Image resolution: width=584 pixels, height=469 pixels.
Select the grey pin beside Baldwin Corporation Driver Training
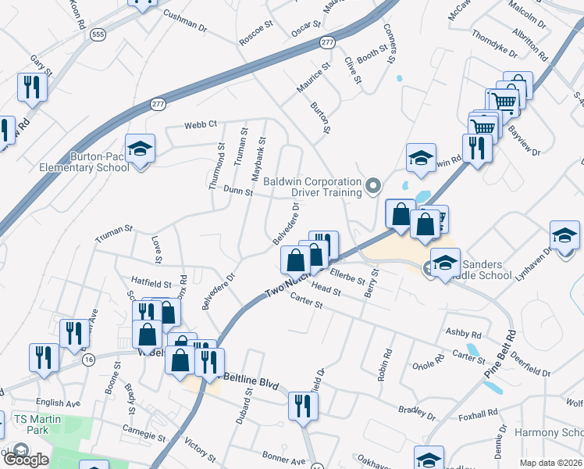373,186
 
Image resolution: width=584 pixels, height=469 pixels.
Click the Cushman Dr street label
185,21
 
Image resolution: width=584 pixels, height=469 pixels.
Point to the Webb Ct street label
200,124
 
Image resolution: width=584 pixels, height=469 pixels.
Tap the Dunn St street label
238,190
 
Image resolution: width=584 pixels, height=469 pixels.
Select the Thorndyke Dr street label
494,42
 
